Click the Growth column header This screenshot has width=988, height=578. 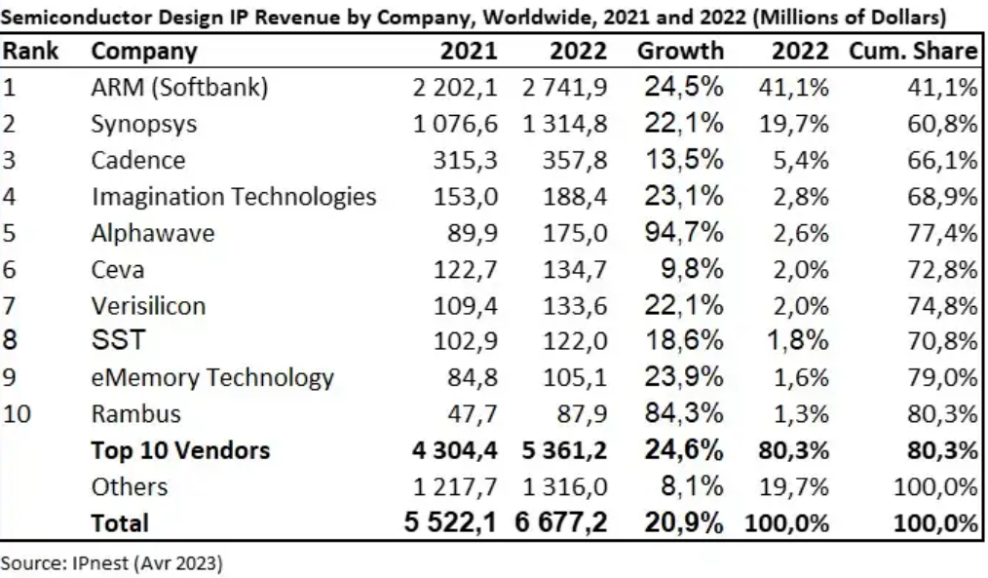[680, 52]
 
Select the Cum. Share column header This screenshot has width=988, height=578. [913, 52]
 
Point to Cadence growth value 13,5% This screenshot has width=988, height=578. [682, 160]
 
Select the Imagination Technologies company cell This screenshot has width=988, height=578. [234, 197]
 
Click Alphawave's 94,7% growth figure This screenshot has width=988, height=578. [682, 233]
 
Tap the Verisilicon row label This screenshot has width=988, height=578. [148, 305]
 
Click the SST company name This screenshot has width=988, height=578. [117, 341]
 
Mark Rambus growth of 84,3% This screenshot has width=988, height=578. [682, 413]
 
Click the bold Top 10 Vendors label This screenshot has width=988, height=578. [180, 450]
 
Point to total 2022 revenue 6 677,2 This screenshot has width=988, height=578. [561, 523]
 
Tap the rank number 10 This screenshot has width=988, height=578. [18, 413]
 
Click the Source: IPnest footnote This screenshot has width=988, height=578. [113, 562]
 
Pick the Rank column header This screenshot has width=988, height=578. [30, 52]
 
